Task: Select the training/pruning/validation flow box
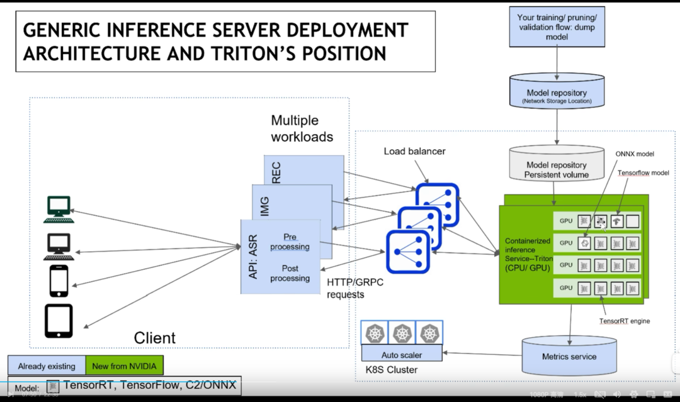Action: [557, 28]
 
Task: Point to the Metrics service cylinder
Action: [569, 355]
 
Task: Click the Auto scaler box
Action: [402, 355]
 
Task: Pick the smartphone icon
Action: [59, 281]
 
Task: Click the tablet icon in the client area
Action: [59, 321]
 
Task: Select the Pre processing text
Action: [290, 242]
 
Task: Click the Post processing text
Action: [290, 273]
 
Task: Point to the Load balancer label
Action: [414, 152]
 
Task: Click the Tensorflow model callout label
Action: [643, 173]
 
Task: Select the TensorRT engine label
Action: [624, 321]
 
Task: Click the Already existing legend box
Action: [47, 366]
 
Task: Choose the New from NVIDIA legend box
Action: [124, 366]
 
